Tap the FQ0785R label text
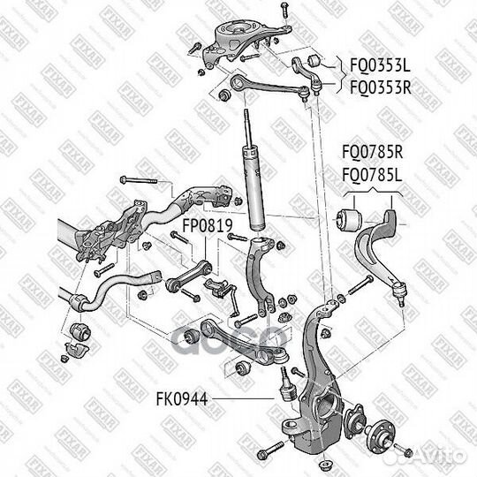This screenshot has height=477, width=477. coord(371,151)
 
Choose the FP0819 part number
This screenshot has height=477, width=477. coord(207,226)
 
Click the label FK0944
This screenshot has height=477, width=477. coord(183,399)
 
